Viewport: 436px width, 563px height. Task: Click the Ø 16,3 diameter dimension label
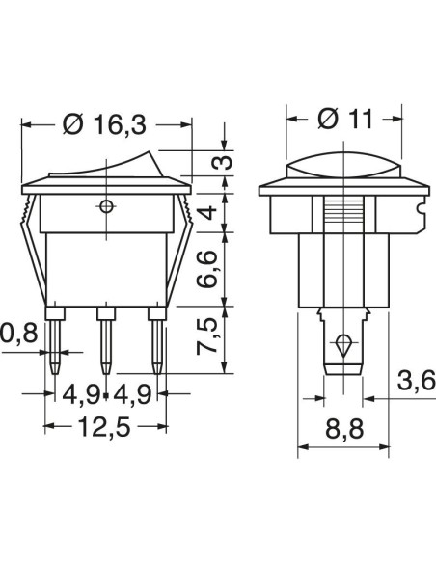click(x=104, y=124)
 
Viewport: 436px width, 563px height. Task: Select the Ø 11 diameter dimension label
click(x=345, y=119)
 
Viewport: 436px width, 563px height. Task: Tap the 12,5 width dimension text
click(x=103, y=426)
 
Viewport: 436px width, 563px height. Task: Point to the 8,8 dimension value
click(x=344, y=429)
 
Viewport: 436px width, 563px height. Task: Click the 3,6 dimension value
click(x=417, y=381)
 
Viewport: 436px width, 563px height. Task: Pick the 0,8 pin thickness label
click(x=18, y=334)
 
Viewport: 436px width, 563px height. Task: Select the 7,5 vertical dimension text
click(x=207, y=336)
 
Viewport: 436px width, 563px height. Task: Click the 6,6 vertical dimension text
click(x=207, y=269)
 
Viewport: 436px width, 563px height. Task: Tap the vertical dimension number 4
click(x=207, y=212)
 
